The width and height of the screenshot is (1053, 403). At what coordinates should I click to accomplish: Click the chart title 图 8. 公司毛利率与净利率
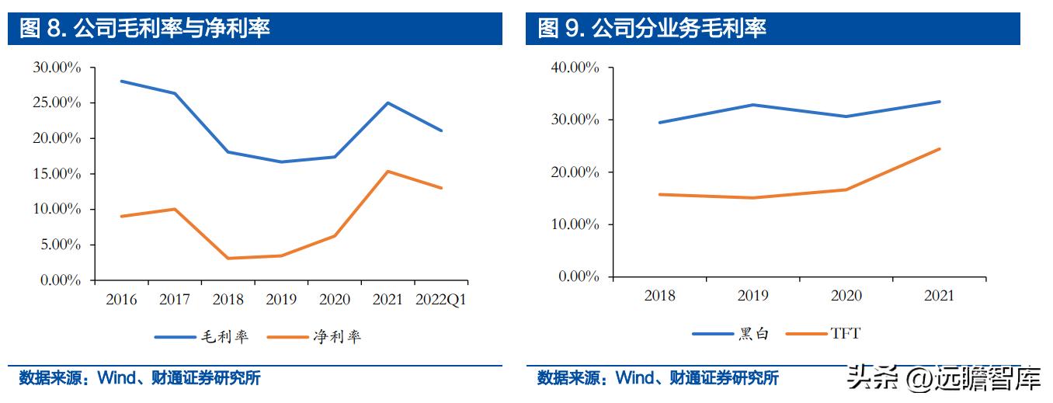(x=144, y=29)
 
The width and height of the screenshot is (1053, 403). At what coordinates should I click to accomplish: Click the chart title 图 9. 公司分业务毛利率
(x=652, y=29)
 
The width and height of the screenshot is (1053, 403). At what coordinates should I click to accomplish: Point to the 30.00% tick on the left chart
(x=57, y=68)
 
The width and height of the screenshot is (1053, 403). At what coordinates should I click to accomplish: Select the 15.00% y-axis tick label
(x=57, y=174)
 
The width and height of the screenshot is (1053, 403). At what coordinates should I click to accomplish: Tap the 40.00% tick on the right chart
(x=575, y=68)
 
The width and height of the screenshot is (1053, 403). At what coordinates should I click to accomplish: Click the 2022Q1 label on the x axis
(x=441, y=300)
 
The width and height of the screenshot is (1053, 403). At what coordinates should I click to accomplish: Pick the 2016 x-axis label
(x=120, y=300)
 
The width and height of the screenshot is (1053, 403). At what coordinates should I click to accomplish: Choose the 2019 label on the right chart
(x=752, y=296)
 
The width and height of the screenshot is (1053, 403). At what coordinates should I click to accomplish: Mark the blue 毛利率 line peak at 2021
(x=387, y=102)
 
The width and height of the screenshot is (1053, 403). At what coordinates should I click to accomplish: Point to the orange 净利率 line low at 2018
(x=227, y=258)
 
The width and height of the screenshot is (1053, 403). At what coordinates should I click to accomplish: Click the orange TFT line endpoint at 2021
(x=940, y=148)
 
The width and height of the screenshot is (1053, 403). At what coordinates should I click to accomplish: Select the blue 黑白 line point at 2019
(x=752, y=105)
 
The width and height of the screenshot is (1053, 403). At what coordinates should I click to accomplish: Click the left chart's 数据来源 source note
(x=140, y=379)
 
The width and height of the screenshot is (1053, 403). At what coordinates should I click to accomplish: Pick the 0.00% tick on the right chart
(x=578, y=276)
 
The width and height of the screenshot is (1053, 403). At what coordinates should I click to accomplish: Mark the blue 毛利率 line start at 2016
(x=121, y=81)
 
